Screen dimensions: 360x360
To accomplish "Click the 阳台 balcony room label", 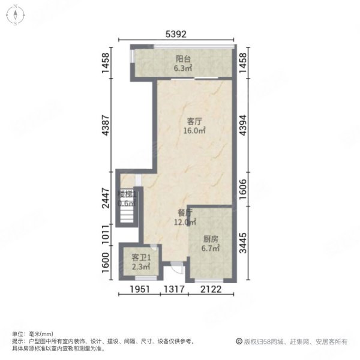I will [x=183, y=59].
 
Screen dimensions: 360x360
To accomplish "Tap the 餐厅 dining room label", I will [x=184, y=212].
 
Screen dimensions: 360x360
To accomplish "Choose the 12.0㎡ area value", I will [x=184, y=222].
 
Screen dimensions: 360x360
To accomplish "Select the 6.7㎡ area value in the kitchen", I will [x=209, y=248].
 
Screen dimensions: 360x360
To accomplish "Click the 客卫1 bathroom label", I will [x=141, y=258].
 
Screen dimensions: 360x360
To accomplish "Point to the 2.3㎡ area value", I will [x=141, y=268].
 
